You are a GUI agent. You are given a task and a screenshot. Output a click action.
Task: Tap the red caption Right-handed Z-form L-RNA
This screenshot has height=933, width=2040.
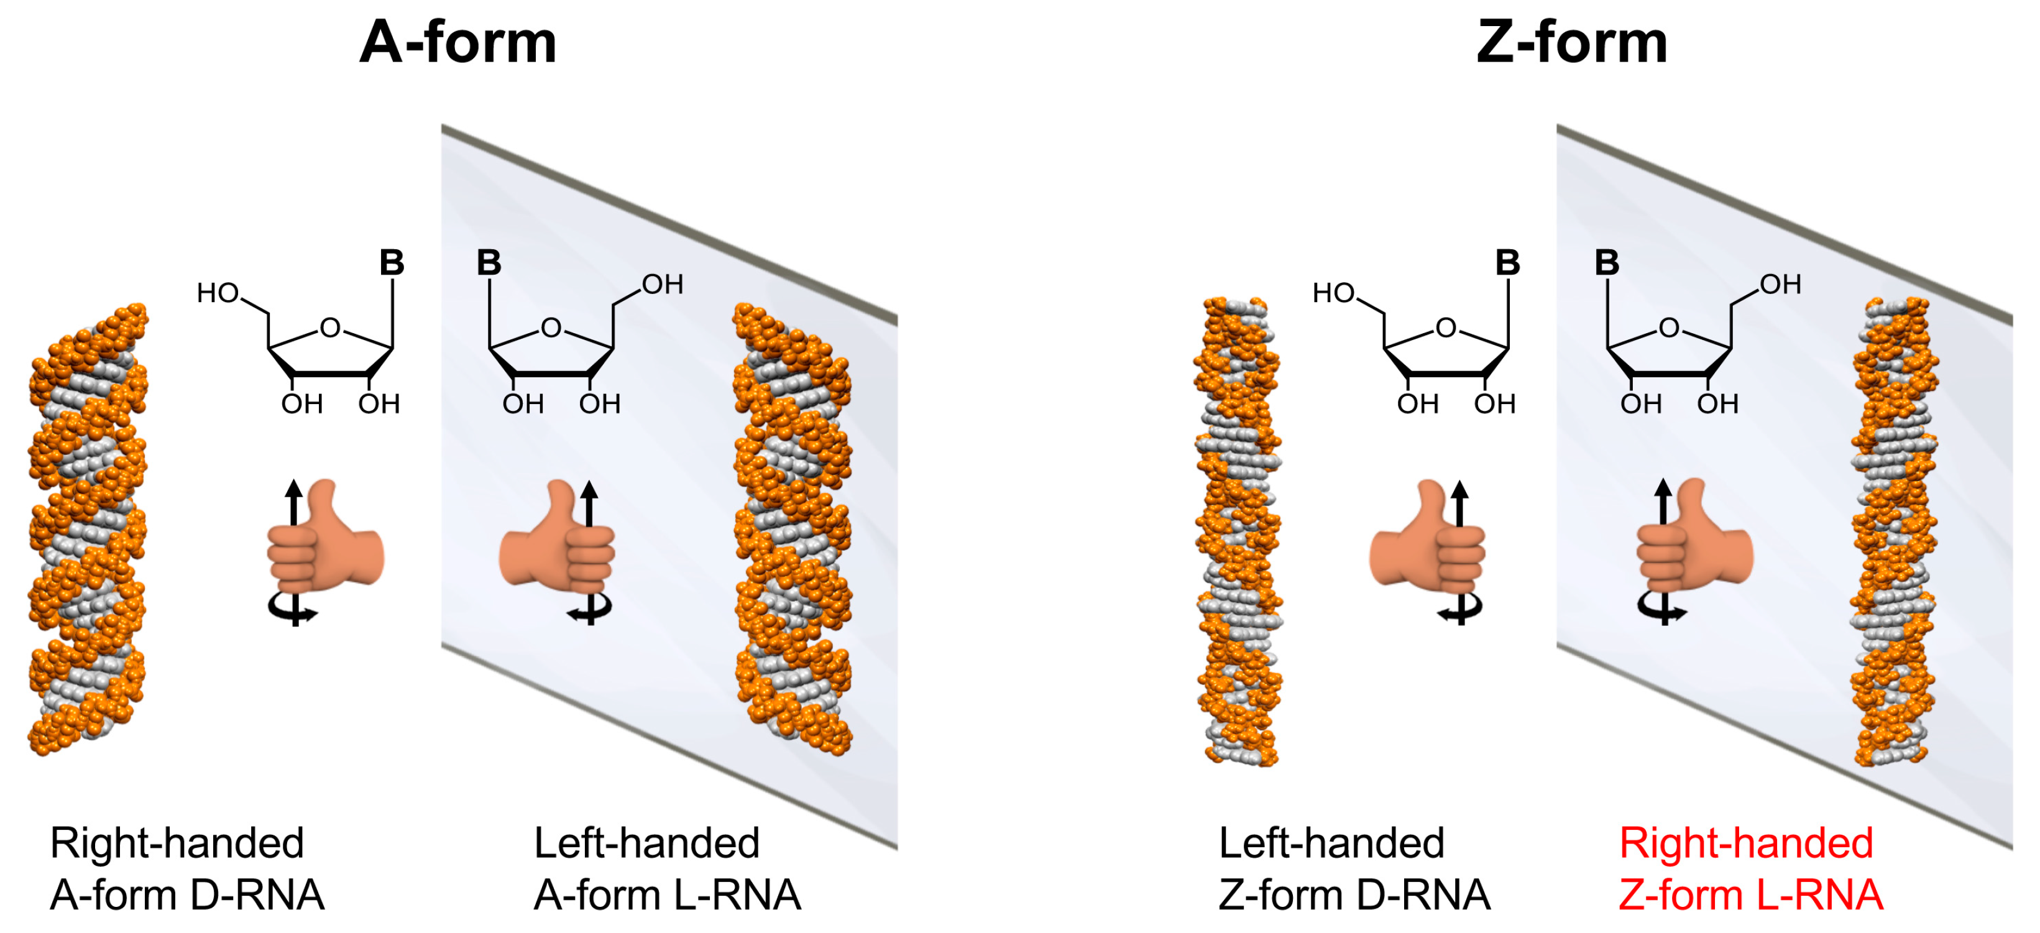tap(1750, 869)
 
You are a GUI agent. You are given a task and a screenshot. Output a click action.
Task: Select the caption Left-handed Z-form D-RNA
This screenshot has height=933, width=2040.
tap(1354, 869)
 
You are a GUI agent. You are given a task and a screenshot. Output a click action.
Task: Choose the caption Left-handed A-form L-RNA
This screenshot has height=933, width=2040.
tap(667, 869)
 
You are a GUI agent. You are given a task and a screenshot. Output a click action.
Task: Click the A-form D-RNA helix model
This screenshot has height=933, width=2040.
tap(87, 529)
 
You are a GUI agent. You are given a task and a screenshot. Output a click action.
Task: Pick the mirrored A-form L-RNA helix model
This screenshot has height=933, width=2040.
tap(792, 529)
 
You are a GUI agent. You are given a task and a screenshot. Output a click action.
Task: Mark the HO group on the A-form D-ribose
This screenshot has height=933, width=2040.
tap(218, 293)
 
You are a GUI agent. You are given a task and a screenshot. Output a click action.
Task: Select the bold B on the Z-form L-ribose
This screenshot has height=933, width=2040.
tap(1607, 263)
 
